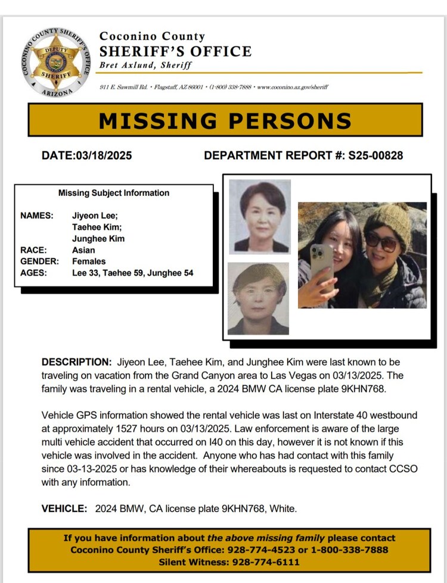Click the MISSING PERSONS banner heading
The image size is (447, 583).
(225, 120)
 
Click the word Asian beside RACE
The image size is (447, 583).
(83, 250)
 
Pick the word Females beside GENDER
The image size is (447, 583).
(89, 261)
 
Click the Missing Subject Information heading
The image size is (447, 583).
(114, 193)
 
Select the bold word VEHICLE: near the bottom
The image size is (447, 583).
(64, 509)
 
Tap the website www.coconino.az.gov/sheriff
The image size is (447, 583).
(292, 88)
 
